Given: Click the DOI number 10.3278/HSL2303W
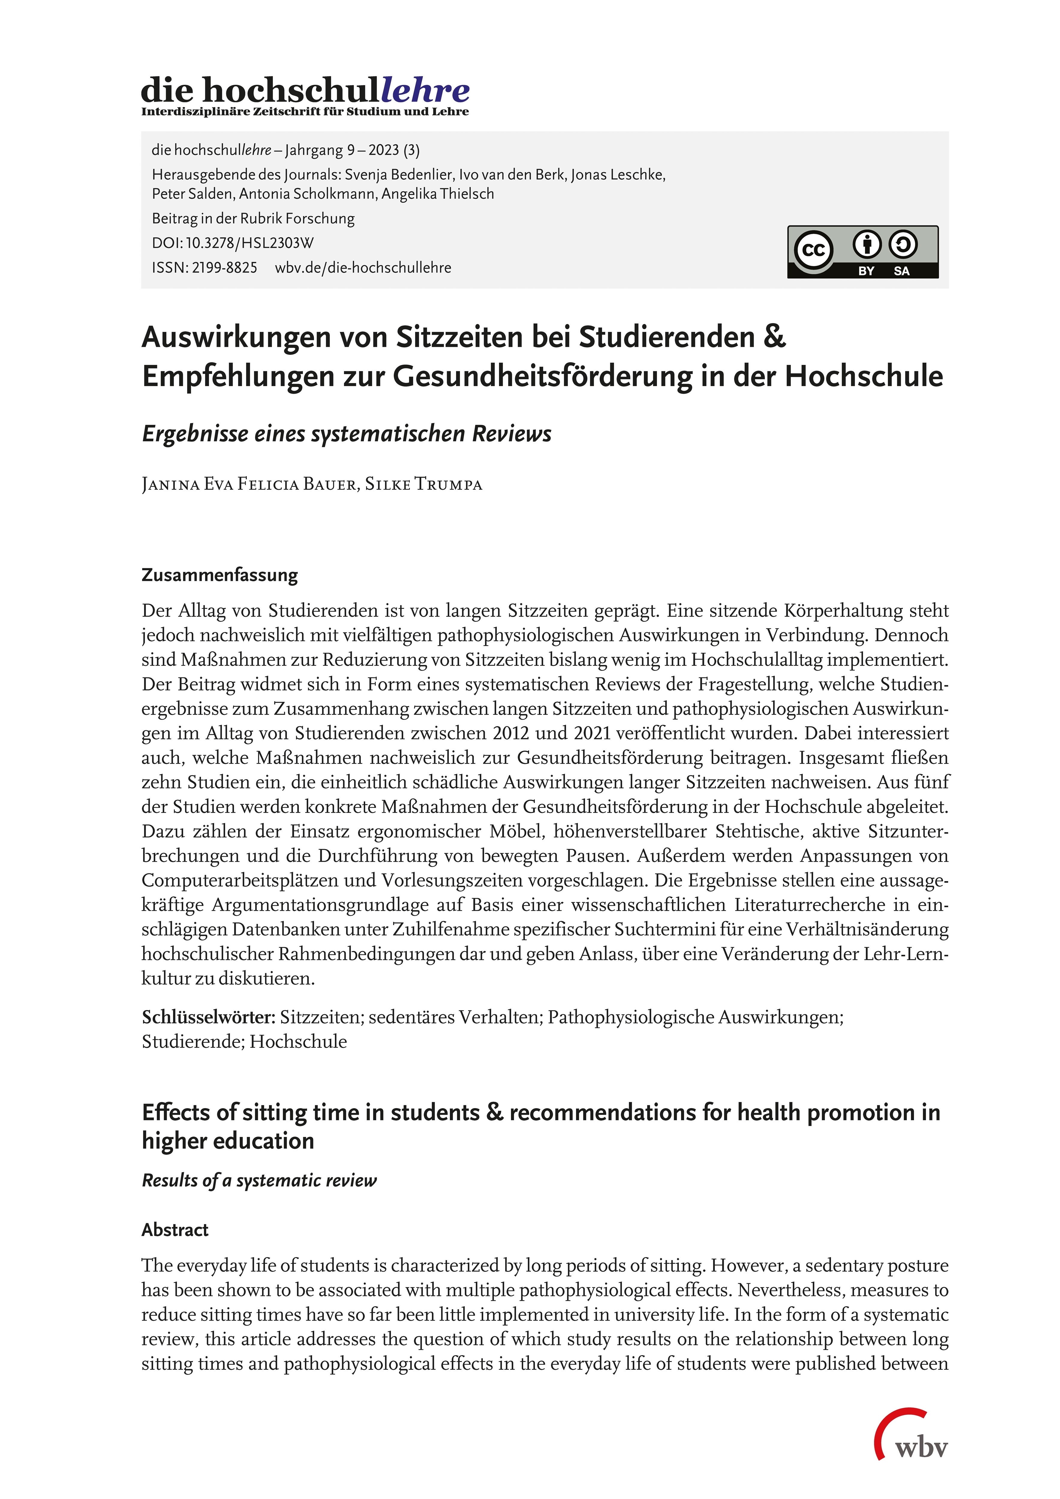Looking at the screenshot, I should (249, 243).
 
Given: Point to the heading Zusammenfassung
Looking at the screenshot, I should (219, 574).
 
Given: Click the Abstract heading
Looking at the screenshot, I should (175, 1229).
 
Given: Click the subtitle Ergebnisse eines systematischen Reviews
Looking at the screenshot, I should (346, 434).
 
